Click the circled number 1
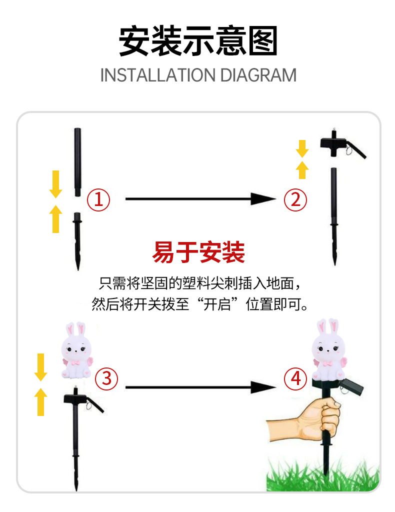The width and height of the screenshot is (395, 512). [x=98, y=199]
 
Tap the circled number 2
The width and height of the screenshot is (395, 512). [x=295, y=199]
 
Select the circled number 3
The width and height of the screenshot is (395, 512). [x=106, y=378]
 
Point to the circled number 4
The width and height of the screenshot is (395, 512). [x=295, y=378]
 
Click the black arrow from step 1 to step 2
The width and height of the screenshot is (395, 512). [x=201, y=198]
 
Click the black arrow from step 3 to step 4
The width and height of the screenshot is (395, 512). [x=201, y=387]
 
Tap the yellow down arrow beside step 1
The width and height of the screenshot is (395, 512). [x=56, y=184]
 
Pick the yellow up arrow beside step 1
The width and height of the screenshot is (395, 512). [x=56, y=219]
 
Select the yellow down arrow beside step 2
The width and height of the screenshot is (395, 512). [x=302, y=148]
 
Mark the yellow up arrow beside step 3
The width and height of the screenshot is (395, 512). [x=41, y=401]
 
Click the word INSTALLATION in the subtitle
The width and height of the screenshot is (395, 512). [x=158, y=75]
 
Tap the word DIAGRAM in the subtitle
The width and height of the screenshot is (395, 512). [x=258, y=75]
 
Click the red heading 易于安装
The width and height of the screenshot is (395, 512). [x=198, y=252]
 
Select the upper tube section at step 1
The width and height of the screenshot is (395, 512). [x=77, y=162]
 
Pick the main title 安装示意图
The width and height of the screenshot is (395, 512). [x=198, y=41]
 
